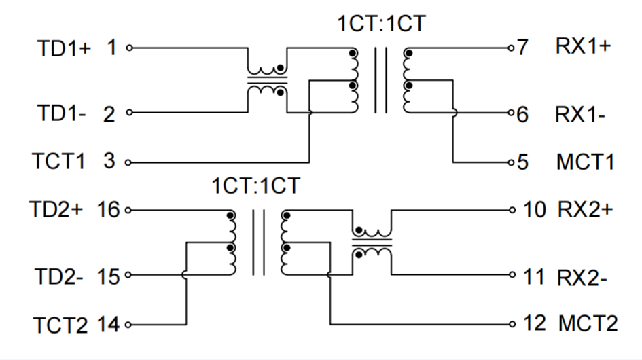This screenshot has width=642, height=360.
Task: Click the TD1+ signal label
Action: [x=63, y=49]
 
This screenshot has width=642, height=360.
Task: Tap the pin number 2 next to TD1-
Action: [x=109, y=114]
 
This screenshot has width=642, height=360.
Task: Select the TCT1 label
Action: [x=58, y=163]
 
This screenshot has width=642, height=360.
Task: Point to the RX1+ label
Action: [x=582, y=48]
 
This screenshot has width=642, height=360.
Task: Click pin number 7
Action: [x=522, y=48]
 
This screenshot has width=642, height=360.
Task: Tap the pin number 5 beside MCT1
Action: [x=522, y=163]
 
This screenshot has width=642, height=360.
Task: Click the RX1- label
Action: [x=580, y=114]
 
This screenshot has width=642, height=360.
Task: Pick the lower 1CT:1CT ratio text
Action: [x=255, y=185]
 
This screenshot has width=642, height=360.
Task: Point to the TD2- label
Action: [x=58, y=276]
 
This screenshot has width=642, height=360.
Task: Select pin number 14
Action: [x=108, y=325]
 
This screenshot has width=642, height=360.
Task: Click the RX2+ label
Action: [x=585, y=210]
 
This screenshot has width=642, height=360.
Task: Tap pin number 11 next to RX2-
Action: [x=534, y=276]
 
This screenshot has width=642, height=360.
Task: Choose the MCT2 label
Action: [x=588, y=324]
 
